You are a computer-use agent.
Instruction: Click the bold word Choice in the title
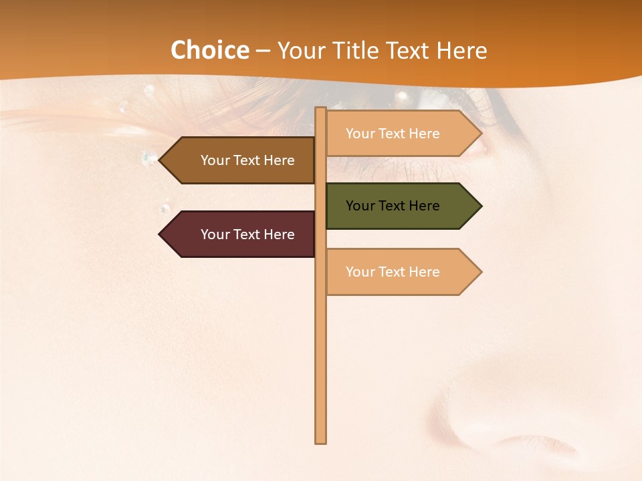click(x=209, y=50)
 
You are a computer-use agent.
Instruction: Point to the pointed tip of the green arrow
click(x=480, y=206)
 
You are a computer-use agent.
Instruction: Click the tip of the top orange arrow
click(x=480, y=134)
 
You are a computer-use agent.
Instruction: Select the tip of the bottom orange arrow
click(x=480, y=272)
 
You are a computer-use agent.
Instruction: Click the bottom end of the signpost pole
click(x=321, y=441)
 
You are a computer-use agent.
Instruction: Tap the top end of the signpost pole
click(x=321, y=110)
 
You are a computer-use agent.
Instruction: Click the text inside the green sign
click(x=393, y=206)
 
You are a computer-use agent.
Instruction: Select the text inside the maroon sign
click(x=247, y=234)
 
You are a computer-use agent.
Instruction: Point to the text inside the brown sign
click(x=247, y=160)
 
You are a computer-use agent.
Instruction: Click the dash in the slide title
click(x=263, y=51)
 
